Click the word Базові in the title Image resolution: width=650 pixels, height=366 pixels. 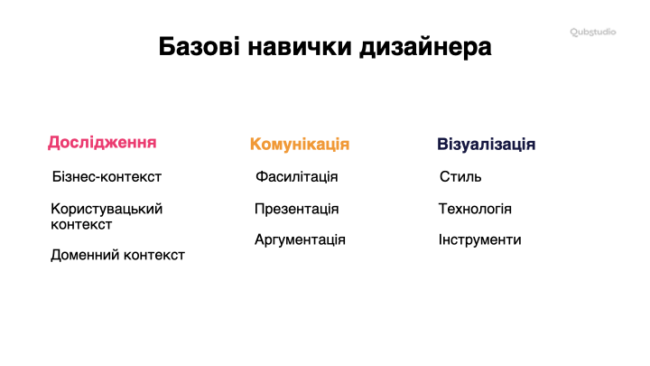[199, 46]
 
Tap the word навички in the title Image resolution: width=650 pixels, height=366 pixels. [300, 46]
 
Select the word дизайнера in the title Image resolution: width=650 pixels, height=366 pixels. [425, 47]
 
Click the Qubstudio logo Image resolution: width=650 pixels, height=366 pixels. [593, 32]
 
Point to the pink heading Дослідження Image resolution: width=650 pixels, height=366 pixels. [102, 143]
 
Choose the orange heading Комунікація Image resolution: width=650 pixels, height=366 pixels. [300, 145]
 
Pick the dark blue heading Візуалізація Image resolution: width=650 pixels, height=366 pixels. [487, 145]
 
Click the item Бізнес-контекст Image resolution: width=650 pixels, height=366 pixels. [107, 177]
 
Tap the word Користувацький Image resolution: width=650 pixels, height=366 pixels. [107, 209]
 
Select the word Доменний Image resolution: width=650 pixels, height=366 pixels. [85, 255]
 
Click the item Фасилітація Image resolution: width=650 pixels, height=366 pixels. [296, 177]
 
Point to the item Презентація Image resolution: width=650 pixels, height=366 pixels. [296, 209]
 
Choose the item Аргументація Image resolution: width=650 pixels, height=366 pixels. [300, 239]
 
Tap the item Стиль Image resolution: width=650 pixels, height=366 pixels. [460, 177]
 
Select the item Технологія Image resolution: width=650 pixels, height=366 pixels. [475, 209]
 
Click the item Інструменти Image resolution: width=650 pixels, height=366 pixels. [479, 239]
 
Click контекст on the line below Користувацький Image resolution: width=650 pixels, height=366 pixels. [81, 225]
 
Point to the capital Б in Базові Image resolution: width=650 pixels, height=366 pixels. [166, 46]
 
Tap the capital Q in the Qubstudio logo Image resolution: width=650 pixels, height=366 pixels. [574, 32]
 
